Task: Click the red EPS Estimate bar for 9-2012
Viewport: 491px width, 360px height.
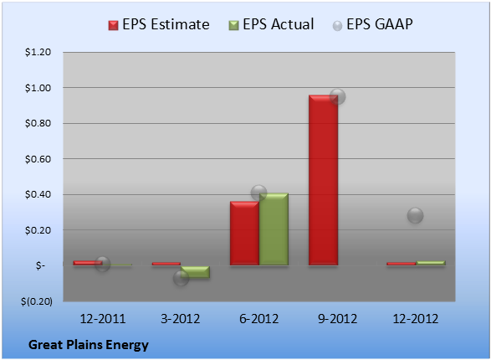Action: (323, 180)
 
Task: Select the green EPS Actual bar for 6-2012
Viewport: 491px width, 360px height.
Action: (274, 229)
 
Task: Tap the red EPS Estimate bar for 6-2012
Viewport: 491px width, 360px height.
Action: (244, 234)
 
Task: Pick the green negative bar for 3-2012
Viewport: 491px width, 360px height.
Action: (196, 272)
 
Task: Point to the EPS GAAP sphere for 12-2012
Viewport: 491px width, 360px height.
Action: (415, 215)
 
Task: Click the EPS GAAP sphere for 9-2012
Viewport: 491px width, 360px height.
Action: (338, 96)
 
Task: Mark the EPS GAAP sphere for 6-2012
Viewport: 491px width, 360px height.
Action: (259, 193)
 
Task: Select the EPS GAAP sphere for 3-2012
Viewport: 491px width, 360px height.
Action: (181, 278)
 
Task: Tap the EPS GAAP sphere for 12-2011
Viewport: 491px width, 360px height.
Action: (102, 264)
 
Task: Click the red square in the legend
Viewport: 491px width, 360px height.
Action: (114, 25)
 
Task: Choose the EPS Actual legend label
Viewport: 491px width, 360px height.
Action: (278, 24)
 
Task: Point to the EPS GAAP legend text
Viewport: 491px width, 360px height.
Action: (380, 24)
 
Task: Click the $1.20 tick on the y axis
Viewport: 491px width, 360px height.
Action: (38, 52)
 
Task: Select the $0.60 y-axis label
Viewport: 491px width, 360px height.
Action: (38, 159)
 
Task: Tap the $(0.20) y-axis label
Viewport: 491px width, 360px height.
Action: (37, 301)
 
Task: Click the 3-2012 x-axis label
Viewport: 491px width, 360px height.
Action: (181, 319)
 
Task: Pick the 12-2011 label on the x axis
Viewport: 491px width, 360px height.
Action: (103, 319)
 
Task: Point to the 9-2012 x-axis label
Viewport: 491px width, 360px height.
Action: (338, 319)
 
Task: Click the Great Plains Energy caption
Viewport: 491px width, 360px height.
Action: (89, 345)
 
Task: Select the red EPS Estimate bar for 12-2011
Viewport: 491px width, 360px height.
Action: (88, 263)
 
